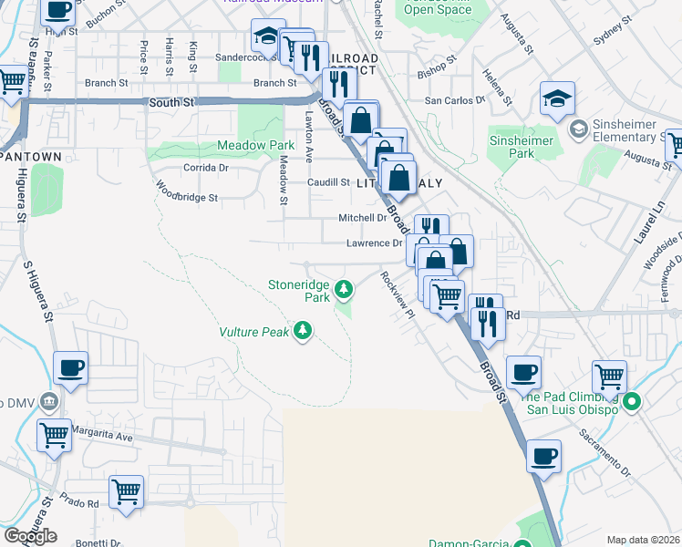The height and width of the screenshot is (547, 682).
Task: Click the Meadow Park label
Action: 255,145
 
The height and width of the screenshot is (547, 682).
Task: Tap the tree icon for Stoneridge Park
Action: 344,290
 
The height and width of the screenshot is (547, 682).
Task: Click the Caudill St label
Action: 328,182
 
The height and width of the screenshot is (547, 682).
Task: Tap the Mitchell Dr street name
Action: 362,218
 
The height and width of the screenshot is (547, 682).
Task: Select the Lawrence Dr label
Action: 374,243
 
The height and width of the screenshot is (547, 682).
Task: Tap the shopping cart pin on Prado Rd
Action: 126,491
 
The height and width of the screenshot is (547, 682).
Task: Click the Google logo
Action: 30,536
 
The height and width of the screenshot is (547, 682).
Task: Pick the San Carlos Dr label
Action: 454,100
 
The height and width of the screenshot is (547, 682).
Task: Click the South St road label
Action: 171,104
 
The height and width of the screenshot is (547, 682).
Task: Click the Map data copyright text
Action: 644,540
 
